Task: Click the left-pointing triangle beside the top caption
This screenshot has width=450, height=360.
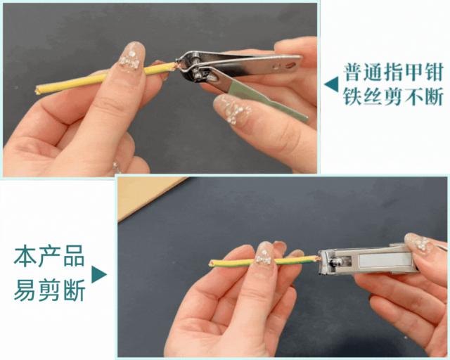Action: pyautogui.click(x=332, y=84)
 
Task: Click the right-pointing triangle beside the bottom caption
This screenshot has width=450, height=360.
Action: pyautogui.click(x=99, y=274)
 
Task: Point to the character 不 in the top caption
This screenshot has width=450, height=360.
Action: pyautogui.click(x=413, y=96)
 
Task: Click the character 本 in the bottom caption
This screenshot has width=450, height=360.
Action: pyautogui.click(x=25, y=256)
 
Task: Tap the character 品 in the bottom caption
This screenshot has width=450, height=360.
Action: pyautogui.click(x=74, y=256)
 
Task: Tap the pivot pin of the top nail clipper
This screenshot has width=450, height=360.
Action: pyautogui.click(x=198, y=75)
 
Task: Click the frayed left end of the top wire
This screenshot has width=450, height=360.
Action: pyautogui.click(x=37, y=91)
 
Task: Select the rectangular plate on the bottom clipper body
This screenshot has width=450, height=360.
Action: pyautogui.click(x=383, y=262)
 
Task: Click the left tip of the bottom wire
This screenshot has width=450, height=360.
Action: pyautogui.click(x=211, y=262)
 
